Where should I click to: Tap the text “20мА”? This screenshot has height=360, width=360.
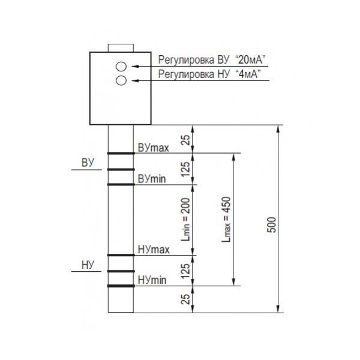250,59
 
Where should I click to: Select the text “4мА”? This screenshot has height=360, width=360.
248,74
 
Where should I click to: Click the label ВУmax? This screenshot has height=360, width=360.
153,148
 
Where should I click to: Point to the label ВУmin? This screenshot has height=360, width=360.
152,179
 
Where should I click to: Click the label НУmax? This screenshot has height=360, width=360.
154,250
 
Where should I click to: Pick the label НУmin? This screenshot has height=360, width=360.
152,280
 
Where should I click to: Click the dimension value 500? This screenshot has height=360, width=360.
272,225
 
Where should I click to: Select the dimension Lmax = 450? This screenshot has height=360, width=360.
226,219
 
